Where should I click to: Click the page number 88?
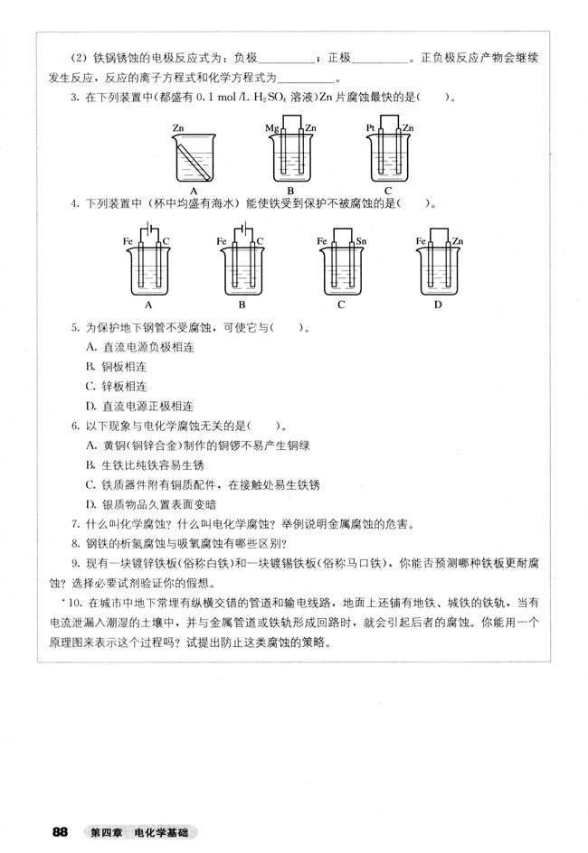pos(62,831)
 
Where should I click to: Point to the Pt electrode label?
pos(371,130)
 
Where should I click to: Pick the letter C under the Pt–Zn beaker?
pos(388,191)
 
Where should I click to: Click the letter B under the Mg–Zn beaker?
pos(290,191)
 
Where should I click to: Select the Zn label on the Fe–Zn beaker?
pos(458,241)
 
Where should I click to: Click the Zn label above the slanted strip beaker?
pos(177,129)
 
